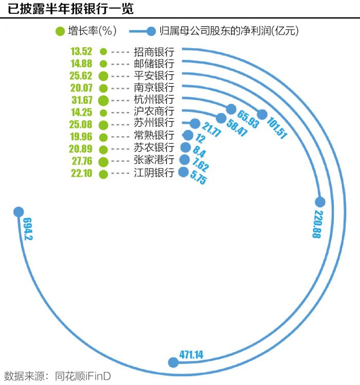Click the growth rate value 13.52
(81, 51)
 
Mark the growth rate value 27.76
(81, 161)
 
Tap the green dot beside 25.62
(103, 76)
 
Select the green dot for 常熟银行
(103, 137)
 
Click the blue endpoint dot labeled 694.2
(19, 211)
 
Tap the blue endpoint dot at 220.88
(320, 201)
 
